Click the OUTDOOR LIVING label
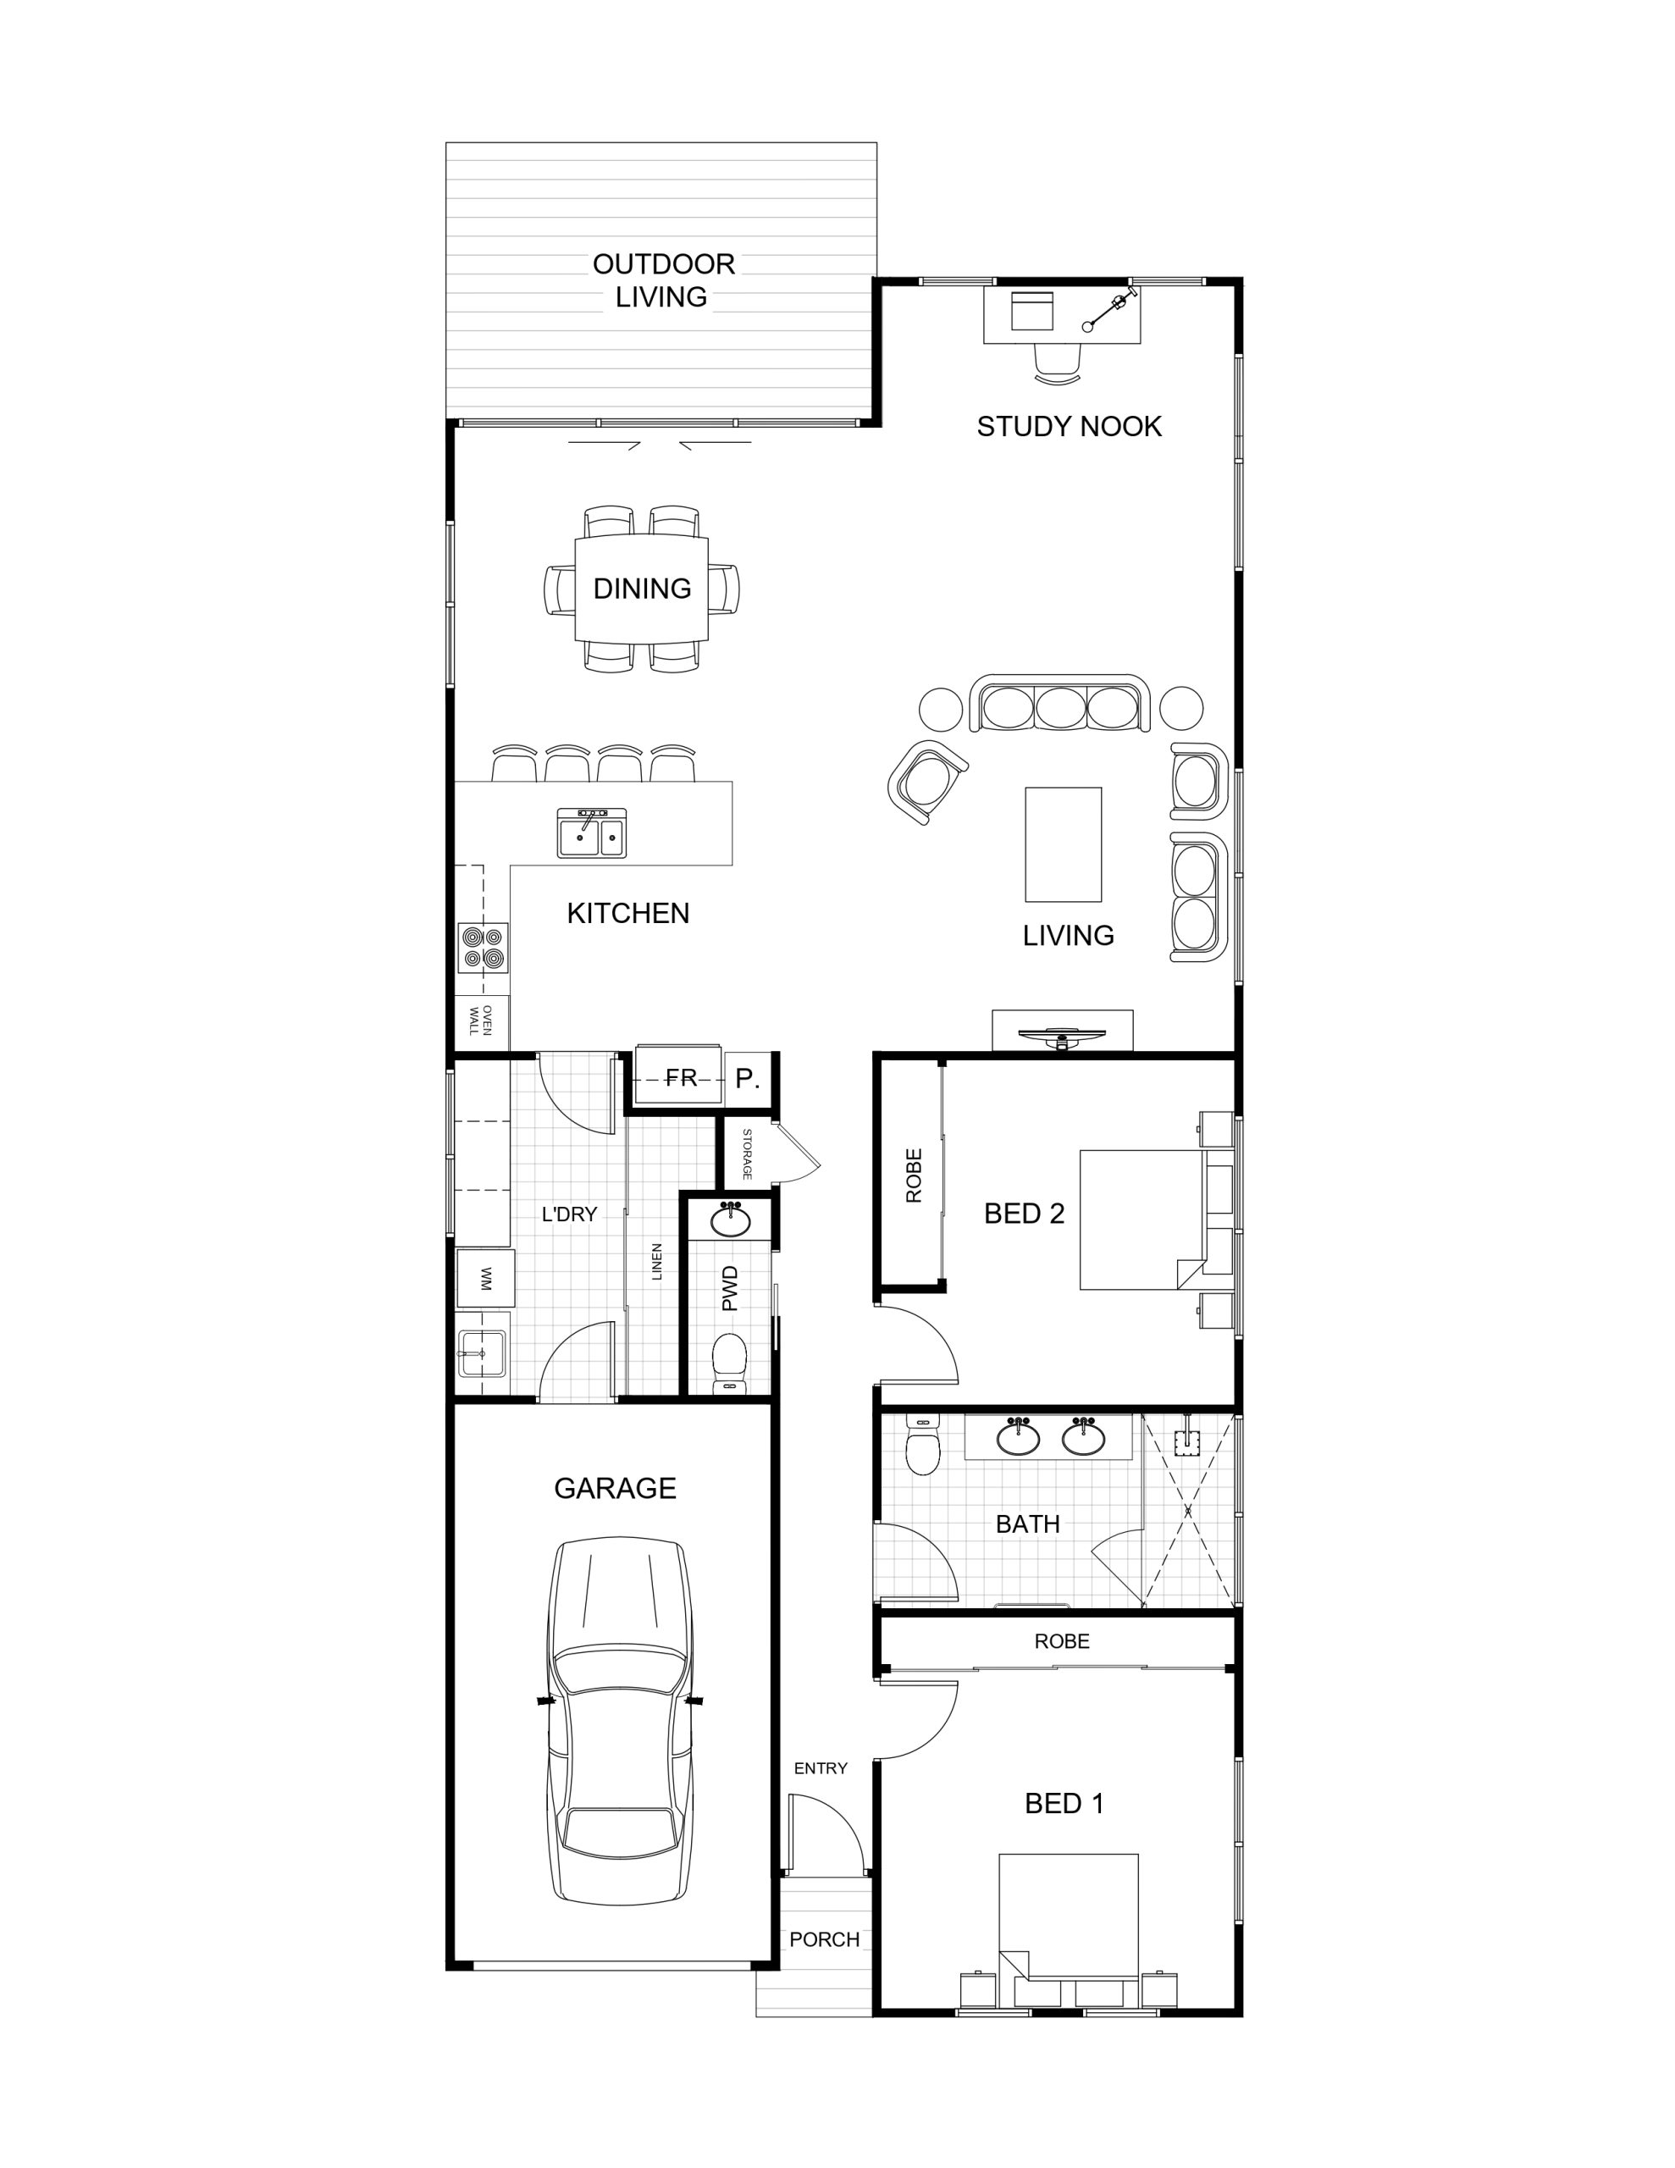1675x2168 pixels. [x=663, y=280]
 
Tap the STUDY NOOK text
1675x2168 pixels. [x=1069, y=427]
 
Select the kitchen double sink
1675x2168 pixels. [x=592, y=832]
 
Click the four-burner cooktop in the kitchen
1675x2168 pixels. [x=484, y=947]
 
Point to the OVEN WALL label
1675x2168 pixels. [x=480, y=1020]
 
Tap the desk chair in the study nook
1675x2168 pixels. [x=1057, y=362]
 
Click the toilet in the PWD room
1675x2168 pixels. [x=730, y=1362]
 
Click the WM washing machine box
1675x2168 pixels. [x=485, y=1278]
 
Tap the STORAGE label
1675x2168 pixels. [x=748, y=1153]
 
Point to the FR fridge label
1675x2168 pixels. [x=681, y=1078]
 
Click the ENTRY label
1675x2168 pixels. [x=820, y=1768]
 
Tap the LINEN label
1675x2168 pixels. [x=656, y=1262]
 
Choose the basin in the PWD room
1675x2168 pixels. [x=732, y=1220]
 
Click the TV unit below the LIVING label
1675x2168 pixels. [x=1063, y=1031]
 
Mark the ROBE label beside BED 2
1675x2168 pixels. [x=914, y=1175]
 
